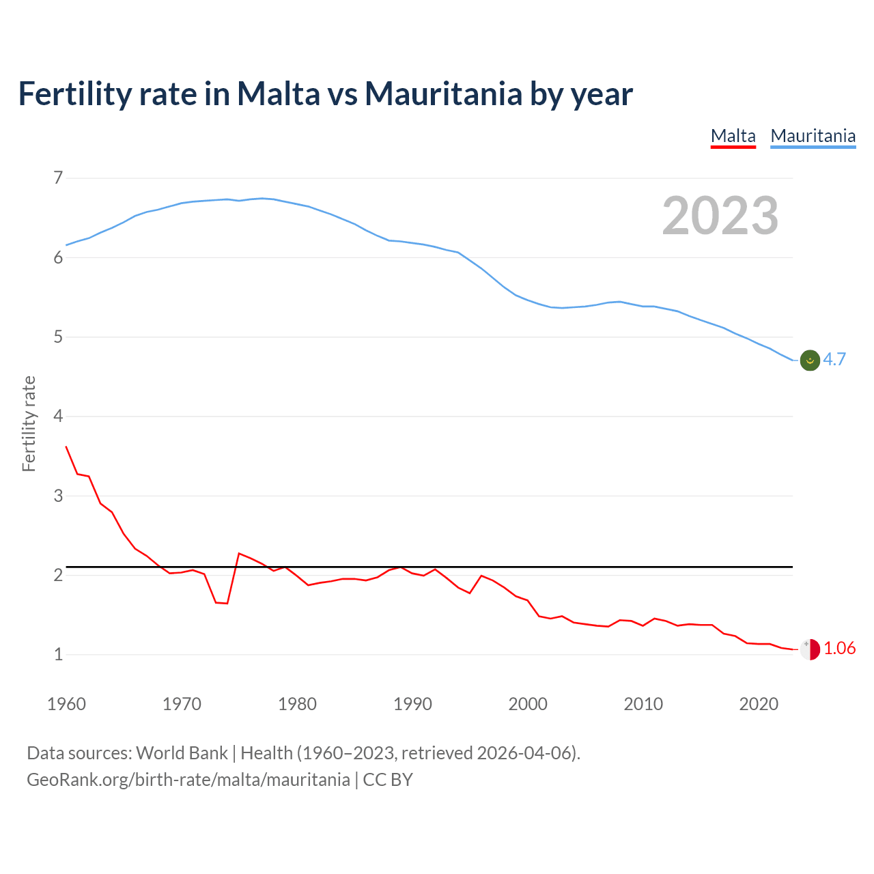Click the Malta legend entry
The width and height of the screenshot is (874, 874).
click(x=733, y=136)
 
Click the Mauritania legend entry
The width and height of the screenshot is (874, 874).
click(x=813, y=136)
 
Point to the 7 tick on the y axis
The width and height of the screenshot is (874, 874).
click(x=58, y=178)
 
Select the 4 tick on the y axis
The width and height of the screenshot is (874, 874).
click(x=58, y=416)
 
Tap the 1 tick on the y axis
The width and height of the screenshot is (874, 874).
click(x=58, y=654)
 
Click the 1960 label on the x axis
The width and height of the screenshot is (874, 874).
click(x=66, y=704)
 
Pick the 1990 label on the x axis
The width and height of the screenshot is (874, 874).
click(x=412, y=704)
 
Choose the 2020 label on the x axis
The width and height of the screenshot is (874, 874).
click(x=759, y=704)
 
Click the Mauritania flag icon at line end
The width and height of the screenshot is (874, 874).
click(x=810, y=360)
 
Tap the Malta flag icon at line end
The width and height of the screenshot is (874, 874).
click(x=810, y=649)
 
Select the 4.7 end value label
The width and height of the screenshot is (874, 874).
click(x=834, y=359)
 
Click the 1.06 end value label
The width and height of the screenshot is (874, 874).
click(x=840, y=648)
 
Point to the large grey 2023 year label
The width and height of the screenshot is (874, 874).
click(x=720, y=216)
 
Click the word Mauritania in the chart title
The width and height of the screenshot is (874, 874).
click(x=443, y=94)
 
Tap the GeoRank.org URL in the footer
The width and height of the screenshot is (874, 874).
click(x=188, y=779)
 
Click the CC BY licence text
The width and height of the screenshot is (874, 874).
click(x=388, y=779)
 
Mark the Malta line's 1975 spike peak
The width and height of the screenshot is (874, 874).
click(x=238, y=553)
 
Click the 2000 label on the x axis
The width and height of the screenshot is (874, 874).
click(x=528, y=704)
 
